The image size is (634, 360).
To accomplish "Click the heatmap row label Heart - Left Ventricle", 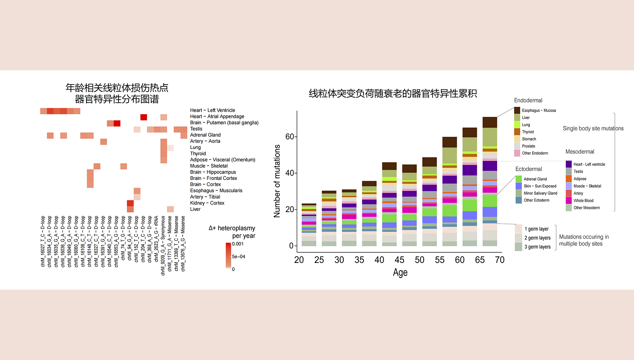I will click(213, 110).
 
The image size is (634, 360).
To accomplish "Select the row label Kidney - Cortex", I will click(207, 203).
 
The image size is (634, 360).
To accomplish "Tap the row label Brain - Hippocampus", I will click(213, 172).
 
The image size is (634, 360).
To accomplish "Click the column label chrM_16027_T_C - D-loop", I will click(43, 241).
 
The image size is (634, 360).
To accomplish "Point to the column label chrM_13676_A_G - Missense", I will click(183, 243).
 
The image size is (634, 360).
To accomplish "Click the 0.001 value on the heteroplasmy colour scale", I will click(238, 244).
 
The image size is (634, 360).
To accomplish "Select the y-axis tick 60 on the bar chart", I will click(290, 136).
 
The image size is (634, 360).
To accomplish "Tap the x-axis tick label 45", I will click(399, 260).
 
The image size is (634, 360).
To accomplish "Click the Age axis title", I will click(400, 273).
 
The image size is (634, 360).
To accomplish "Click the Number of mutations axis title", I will click(277, 181).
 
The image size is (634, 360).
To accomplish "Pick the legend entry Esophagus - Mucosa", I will click(539, 111).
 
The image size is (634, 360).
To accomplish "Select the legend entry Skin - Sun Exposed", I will click(540, 186).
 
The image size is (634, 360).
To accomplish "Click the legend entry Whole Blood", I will click(583, 201).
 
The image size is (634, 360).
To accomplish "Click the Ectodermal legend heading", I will click(528, 169).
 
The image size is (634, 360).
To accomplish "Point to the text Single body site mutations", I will click(593, 129).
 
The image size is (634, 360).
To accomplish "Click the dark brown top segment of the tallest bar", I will click(490, 122).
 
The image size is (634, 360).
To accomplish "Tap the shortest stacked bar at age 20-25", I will click(309, 225).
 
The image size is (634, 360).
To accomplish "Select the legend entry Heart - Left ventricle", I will click(589, 165).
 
